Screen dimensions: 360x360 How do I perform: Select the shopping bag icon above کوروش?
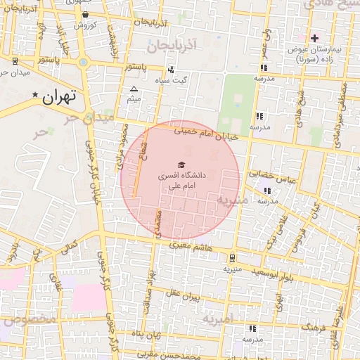85,15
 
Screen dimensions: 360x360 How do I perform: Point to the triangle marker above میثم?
134,89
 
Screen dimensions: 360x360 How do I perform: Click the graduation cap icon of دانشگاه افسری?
181,165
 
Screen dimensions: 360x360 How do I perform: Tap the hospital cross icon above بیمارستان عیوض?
314,37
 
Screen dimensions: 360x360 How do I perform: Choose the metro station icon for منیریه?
232,258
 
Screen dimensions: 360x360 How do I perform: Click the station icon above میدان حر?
15,60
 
